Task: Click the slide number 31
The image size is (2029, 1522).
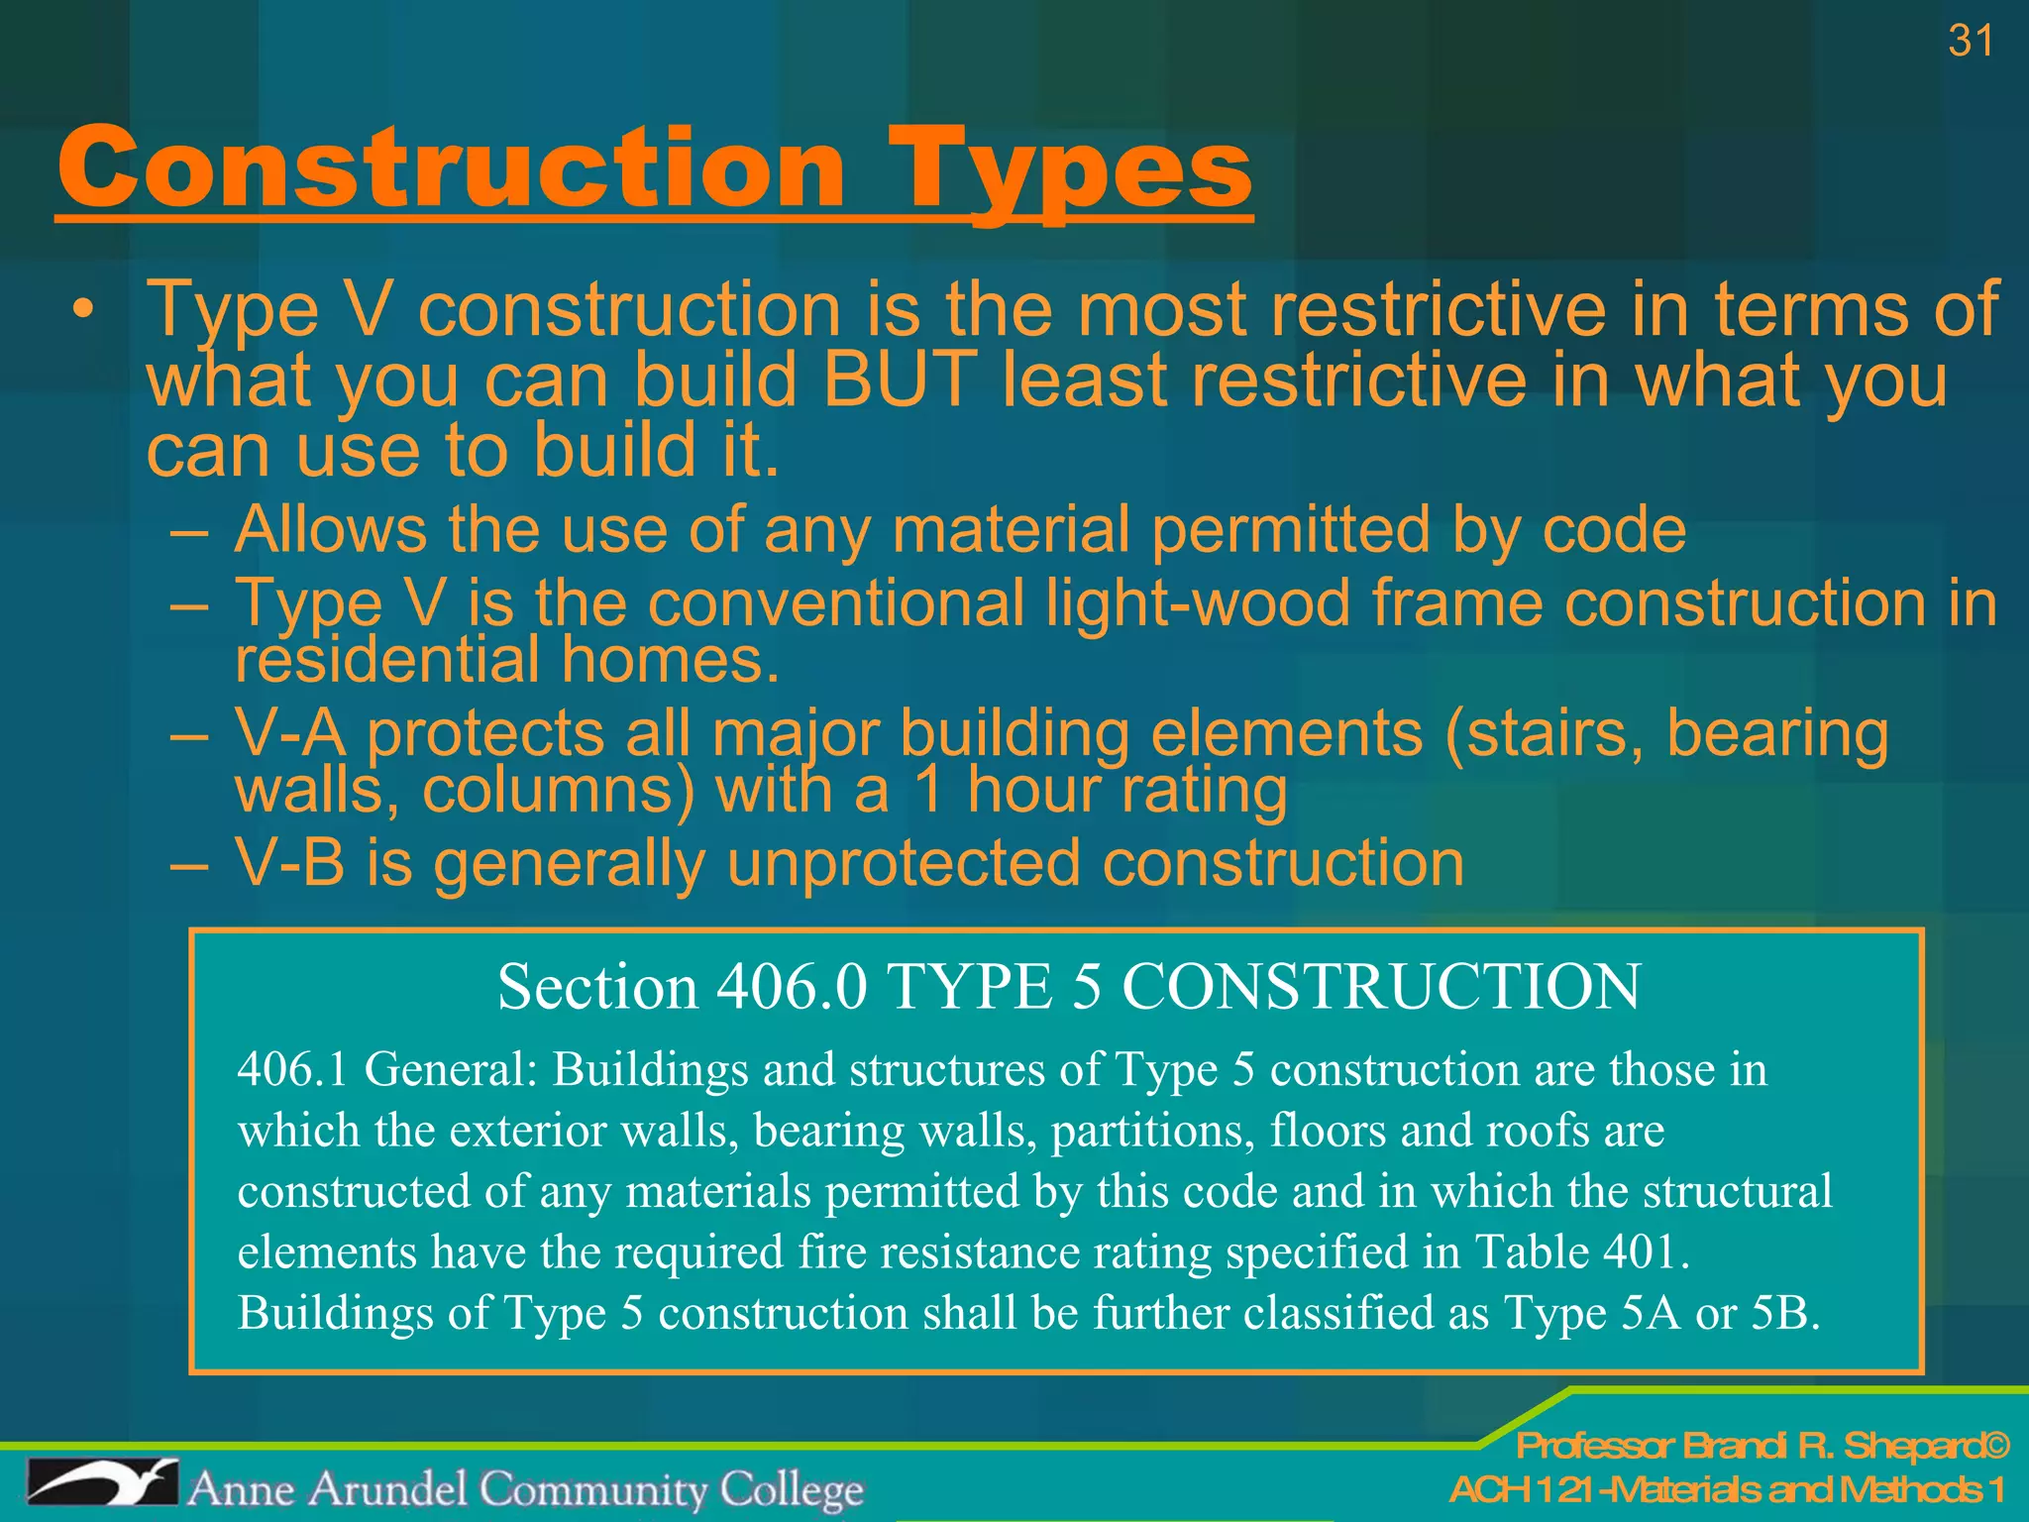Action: pos(1970,42)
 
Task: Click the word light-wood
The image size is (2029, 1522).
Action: pos(1198,603)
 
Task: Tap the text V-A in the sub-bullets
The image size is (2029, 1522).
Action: pos(290,734)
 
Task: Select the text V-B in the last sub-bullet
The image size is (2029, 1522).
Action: pos(290,862)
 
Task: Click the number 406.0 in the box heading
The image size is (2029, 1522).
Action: pos(792,988)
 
